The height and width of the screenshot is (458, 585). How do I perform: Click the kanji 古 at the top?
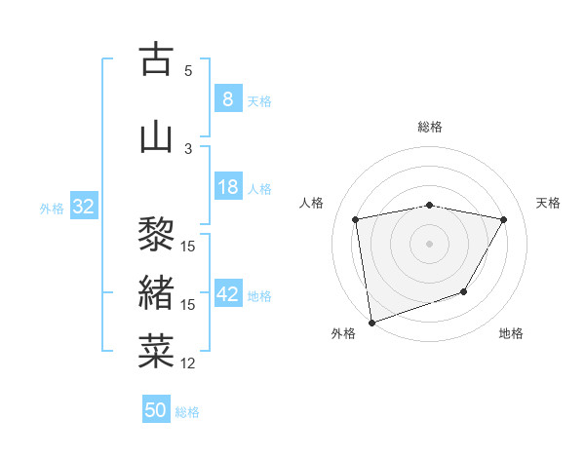click(x=156, y=59)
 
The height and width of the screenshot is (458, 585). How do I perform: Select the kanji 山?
click(x=156, y=136)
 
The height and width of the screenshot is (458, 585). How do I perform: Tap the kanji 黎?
click(x=156, y=234)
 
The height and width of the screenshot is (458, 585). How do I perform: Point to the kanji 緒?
click(x=156, y=293)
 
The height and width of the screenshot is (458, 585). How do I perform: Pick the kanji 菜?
click(x=156, y=352)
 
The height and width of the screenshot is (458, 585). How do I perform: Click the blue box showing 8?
click(x=227, y=99)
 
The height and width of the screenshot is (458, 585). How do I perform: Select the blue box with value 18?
click(x=227, y=187)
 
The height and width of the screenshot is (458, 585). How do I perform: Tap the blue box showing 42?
click(x=227, y=294)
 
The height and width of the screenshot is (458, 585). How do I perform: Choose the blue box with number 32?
click(x=83, y=207)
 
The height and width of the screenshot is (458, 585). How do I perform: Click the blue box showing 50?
click(x=156, y=410)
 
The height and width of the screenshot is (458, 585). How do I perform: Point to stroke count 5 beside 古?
click(x=188, y=70)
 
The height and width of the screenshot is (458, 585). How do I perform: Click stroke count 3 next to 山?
click(x=188, y=148)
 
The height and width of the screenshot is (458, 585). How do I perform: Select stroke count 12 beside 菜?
click(x=188, y=363)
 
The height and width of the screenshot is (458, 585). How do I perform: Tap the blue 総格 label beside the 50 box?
click(x=187, y=412)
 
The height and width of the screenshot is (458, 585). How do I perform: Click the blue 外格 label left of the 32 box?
click(x=52, y=208)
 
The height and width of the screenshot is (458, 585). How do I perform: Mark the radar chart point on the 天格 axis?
click(x=504, y=219)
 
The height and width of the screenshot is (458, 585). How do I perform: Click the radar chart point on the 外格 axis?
click(x=370, y=322)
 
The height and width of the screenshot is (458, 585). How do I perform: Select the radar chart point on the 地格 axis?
click(x=464, y=291)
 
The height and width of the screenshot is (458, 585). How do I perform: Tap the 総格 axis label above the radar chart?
click(x=430, y=127)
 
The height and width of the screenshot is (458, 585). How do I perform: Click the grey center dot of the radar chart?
click(x=429, y=243)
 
